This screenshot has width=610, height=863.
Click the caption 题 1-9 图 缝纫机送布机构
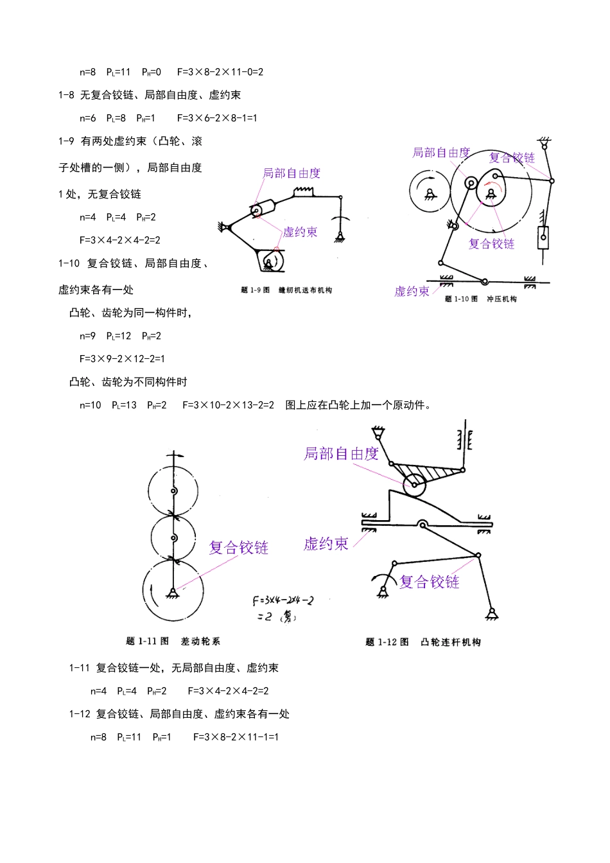click(x=286, y=290)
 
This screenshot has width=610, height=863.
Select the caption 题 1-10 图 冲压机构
click(x=481, y=299)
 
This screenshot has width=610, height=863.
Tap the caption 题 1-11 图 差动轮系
click(x=173, y=641)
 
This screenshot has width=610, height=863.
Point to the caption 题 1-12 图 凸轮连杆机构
click(x=423, y=642)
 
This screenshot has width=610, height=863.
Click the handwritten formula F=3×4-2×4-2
click(x=283, y=601)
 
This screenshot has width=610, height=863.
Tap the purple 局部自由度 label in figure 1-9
click(x=292, y=173)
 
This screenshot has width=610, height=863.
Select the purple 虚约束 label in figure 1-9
click(x=301, y=232)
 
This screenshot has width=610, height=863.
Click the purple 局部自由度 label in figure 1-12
click(x=341, y=454)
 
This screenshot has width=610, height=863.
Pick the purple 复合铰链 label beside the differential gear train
click(x=239, y=548)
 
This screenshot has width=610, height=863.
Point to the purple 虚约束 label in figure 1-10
click(x=412, y=292)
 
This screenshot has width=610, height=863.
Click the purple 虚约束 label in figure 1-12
click(x=326, y=545)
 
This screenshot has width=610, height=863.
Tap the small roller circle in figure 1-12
click(x=414, y=485)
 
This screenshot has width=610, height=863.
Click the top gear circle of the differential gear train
click(x=173, y=491)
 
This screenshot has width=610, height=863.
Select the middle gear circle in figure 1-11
click(x=173, y=537)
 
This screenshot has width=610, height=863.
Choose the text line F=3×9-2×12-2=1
click(x=122, y=359)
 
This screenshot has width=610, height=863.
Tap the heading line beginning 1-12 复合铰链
click(x=180, y=714)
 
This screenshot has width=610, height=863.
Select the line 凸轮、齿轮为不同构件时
click(x=128, y=382)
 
